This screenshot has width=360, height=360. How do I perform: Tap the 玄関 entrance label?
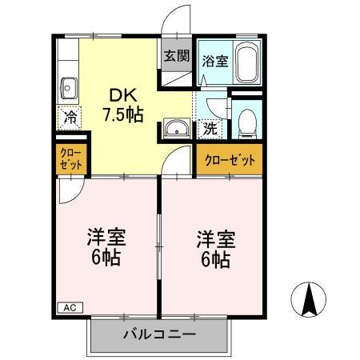(176, 57)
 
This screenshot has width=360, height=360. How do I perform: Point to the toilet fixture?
(247, 123)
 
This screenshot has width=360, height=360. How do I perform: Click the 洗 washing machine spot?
(209, 126)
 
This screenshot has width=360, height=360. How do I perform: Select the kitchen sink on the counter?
(68, 86)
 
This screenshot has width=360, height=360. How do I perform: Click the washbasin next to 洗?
(176, 128)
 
